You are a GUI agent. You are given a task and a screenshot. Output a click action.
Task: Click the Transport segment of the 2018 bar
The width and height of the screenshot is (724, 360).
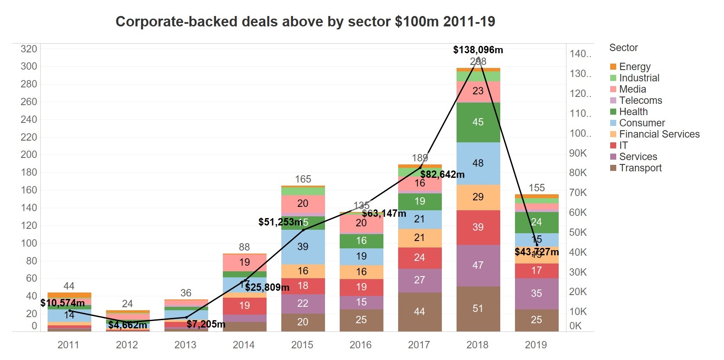478,309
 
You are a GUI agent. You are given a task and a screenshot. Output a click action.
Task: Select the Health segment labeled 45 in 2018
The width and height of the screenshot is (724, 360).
478,122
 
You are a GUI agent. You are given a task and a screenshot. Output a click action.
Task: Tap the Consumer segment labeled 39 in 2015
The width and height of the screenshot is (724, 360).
303,247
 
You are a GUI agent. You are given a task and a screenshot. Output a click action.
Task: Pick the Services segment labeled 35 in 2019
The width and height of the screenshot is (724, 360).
536,293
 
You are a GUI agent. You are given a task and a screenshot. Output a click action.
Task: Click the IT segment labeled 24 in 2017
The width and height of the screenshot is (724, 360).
419,257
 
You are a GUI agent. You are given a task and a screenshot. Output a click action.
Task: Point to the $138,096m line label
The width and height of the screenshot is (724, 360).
478,50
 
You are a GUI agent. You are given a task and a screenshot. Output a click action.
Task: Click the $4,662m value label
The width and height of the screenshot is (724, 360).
128,325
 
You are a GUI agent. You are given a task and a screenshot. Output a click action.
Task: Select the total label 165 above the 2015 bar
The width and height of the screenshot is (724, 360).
303,179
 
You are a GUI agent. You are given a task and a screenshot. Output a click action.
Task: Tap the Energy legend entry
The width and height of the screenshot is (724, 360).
634,67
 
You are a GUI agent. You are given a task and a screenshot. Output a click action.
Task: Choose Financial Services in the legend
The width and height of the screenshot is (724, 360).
659,134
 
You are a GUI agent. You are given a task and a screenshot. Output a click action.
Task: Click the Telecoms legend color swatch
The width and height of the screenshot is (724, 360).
613,100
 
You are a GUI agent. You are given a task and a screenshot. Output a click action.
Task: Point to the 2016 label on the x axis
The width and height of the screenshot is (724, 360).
360,345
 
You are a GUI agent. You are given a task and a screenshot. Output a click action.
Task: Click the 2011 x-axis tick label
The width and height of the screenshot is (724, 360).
68,345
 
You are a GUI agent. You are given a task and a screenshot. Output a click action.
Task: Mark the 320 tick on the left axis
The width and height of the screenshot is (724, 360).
29,49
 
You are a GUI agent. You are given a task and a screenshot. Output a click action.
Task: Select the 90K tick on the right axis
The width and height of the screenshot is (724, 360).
578,153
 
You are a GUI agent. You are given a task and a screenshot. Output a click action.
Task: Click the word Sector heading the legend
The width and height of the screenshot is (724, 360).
623,48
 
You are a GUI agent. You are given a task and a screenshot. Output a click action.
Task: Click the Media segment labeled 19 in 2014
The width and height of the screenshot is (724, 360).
245,262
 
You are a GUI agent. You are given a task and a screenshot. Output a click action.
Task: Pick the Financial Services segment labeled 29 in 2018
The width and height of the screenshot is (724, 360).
478,197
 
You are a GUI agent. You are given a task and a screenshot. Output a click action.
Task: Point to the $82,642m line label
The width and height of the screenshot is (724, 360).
442,174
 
